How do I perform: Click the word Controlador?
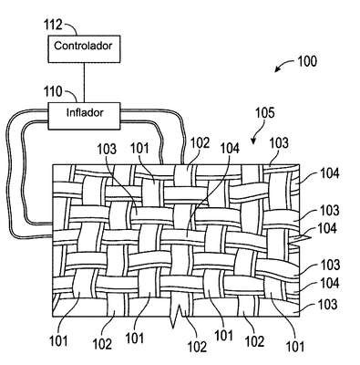click(83, 46)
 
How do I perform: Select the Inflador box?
click(84, 116)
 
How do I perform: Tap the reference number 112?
click(53, 25)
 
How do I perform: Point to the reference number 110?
click(53, 91)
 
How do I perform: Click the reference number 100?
click(307, 61)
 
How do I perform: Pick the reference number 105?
click(264, 113)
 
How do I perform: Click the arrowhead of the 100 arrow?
click(277, 69)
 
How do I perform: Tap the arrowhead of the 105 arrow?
click(253, 141)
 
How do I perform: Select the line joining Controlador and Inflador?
click(84, 82)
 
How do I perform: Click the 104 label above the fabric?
click(230, 149)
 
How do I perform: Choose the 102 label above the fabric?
click(200, 143)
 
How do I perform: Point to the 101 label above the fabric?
click(139, 149)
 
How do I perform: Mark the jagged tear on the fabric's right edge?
click(300, 240)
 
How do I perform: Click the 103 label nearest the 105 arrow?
click(279, 143)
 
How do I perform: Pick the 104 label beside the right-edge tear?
click(327, 228)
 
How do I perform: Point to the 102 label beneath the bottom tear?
click(197, 347)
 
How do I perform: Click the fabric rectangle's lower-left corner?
click(53, 317)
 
